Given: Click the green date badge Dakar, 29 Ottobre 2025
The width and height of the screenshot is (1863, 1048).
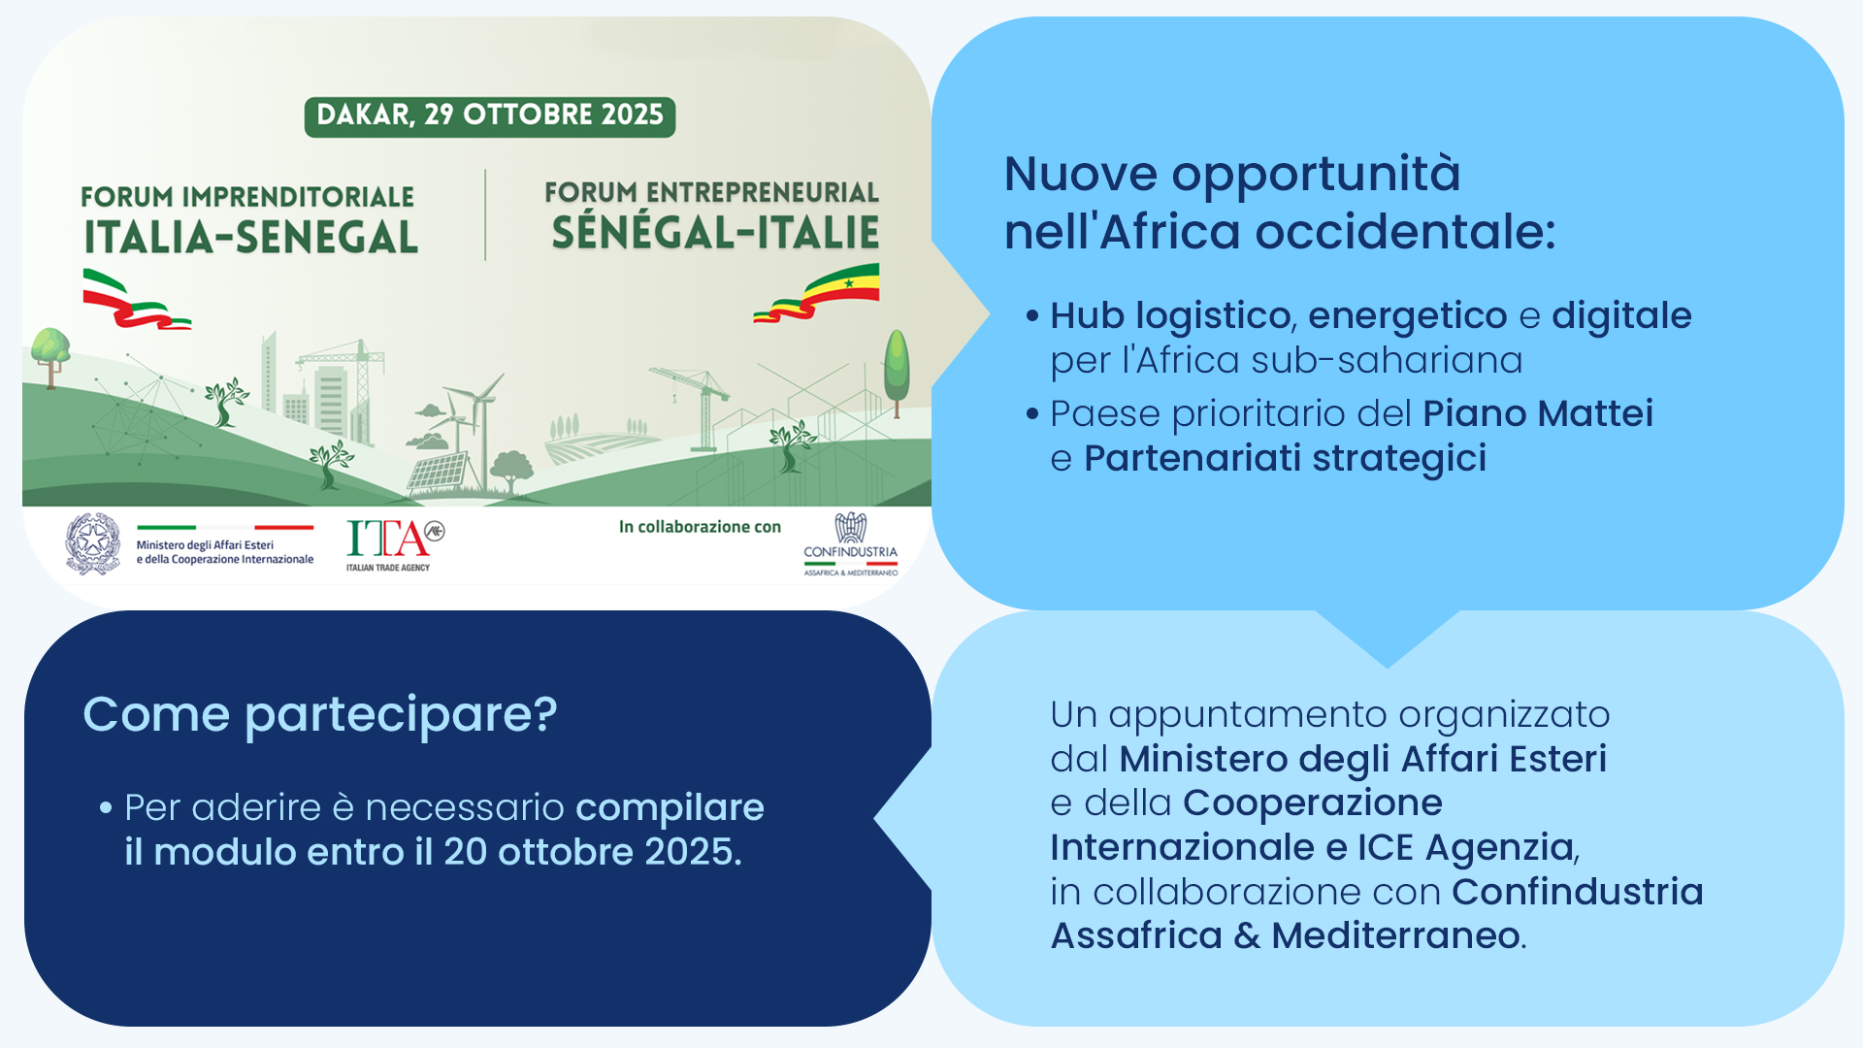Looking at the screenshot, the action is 490,116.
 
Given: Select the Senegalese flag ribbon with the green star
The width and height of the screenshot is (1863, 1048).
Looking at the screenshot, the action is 817,294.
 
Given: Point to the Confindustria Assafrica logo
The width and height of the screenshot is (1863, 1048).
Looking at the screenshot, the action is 851,544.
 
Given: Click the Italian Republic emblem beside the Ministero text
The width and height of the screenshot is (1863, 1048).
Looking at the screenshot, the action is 93,544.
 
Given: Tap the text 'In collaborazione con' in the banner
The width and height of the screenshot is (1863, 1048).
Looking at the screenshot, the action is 700,527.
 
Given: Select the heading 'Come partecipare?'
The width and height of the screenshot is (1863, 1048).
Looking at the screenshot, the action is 320,715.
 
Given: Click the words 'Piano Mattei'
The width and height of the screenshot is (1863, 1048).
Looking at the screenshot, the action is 1538,413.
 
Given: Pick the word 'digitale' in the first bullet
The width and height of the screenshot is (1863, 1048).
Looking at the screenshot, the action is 1621,315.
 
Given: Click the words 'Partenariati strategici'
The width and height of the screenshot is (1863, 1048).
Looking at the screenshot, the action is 1285,458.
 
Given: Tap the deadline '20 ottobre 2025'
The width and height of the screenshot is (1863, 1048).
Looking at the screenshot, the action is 592,852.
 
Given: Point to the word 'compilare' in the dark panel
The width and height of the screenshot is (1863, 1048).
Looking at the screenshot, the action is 670,808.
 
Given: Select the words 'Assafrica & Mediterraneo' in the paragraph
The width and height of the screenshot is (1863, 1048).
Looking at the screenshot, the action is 1286,936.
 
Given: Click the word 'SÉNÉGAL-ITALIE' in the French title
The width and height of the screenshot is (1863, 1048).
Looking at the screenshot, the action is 715,233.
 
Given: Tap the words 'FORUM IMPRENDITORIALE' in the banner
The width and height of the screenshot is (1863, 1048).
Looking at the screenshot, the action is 247,197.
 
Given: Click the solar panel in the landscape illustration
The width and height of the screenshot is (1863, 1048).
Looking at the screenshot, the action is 438,474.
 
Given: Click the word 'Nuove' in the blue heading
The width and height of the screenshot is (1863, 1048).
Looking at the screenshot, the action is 1081,175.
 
